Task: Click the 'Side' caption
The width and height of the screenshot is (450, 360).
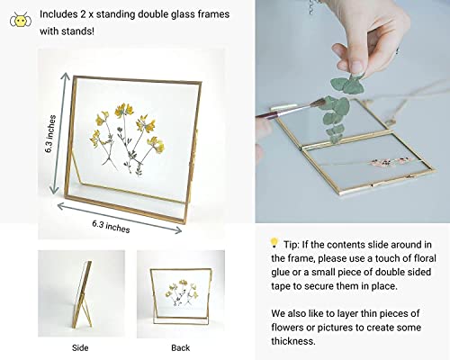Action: coord(80,346)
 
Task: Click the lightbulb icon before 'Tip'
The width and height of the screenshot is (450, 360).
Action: coord(274,242)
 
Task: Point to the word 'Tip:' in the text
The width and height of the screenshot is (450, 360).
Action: coord(294,243)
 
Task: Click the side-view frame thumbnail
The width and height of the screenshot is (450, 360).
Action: coord(80,292)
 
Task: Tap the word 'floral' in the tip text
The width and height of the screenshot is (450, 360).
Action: coord(414,259)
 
